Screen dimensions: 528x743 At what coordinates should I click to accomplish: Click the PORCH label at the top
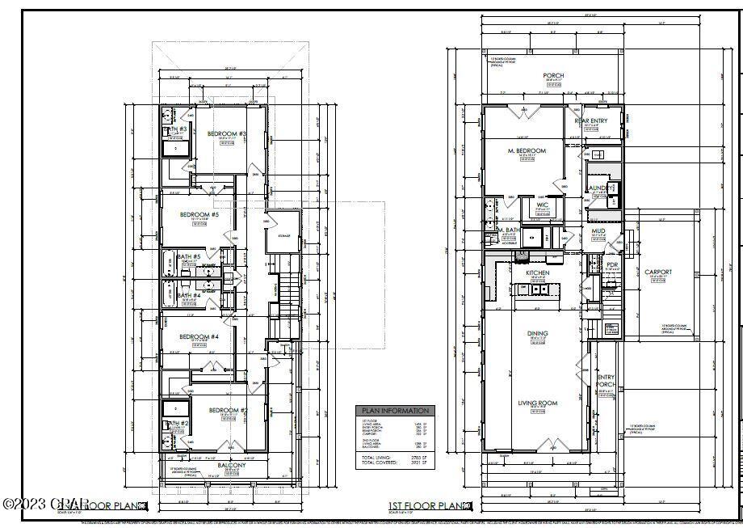click(553, 76)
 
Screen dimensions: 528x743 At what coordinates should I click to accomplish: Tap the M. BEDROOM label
click(527, 151)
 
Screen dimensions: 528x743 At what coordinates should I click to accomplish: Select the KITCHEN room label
click(538, 273)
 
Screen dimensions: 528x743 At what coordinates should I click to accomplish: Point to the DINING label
click(538, 334)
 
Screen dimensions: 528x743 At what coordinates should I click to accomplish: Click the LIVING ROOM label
click(538, 403)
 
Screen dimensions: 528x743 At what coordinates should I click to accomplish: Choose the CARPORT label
click(658, 272)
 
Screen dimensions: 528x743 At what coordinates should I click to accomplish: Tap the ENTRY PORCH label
click(606, 381)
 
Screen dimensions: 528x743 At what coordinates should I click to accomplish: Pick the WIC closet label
click(543, 205)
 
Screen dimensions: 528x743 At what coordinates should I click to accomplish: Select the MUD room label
click(598, 232)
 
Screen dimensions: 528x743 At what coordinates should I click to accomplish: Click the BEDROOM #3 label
click(227, 133)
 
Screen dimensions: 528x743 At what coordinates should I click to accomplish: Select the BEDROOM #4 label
click(199, 336)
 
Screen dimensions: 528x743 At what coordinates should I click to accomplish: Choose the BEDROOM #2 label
click(229, 411)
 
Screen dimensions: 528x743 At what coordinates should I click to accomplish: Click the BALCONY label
click(231, 466)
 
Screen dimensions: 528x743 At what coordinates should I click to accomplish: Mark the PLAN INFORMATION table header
click(394, 411)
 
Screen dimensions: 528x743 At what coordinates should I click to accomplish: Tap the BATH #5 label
click(188, 257)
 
